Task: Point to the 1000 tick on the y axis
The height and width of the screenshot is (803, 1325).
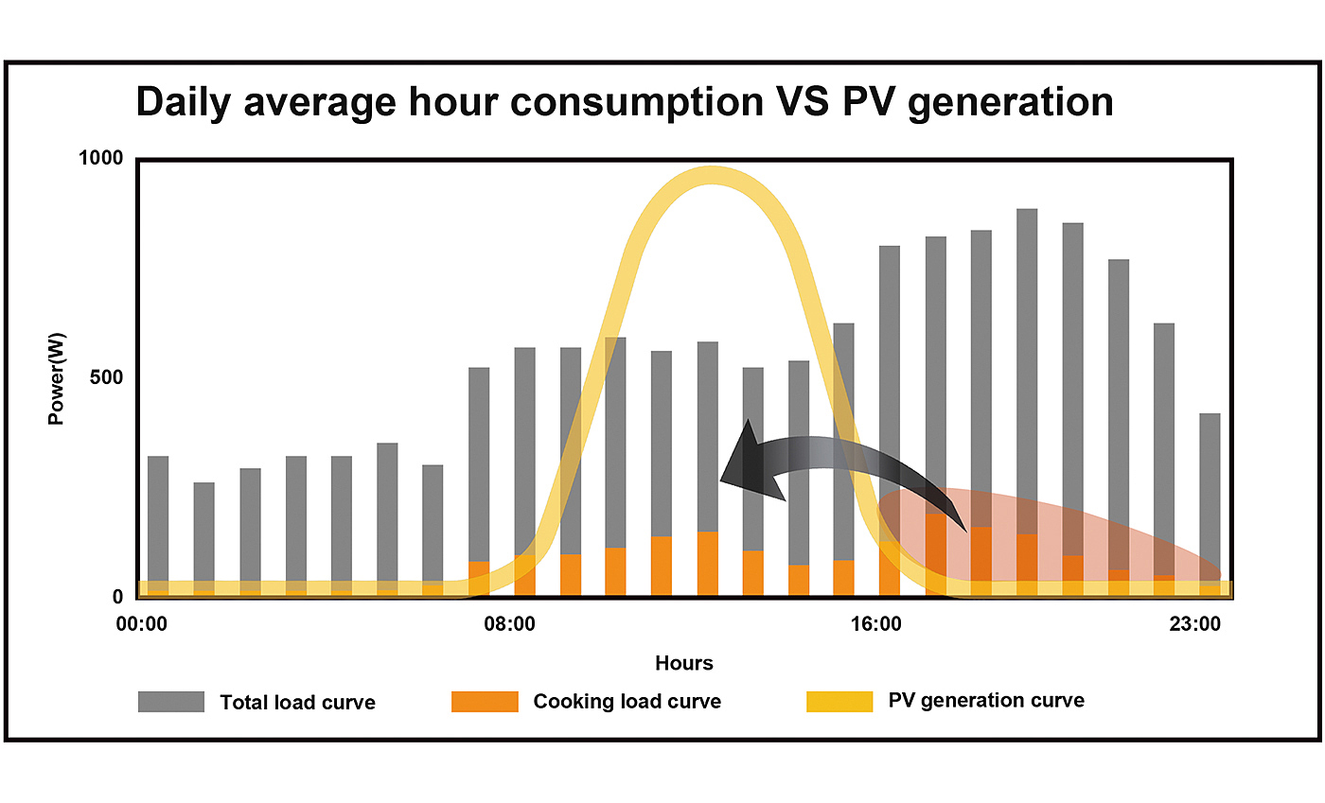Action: [100, 158]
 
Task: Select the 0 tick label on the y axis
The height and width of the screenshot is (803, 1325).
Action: [118, 597]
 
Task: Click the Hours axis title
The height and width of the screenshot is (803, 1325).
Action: [683, 663]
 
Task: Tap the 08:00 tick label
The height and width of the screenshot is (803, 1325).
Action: [509, 624]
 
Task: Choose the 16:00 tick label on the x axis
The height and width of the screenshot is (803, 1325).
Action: [875, 624]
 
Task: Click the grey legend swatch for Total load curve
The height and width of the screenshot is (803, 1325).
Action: [171, 702]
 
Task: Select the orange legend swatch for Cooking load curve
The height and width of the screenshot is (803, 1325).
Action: [485, 702]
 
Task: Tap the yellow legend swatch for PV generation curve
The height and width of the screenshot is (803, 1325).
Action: [839, 702]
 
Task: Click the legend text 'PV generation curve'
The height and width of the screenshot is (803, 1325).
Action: [986, 701]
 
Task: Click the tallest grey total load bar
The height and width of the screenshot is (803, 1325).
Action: [1027, 378]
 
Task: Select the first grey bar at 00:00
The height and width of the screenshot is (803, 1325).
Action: [158, 520]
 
